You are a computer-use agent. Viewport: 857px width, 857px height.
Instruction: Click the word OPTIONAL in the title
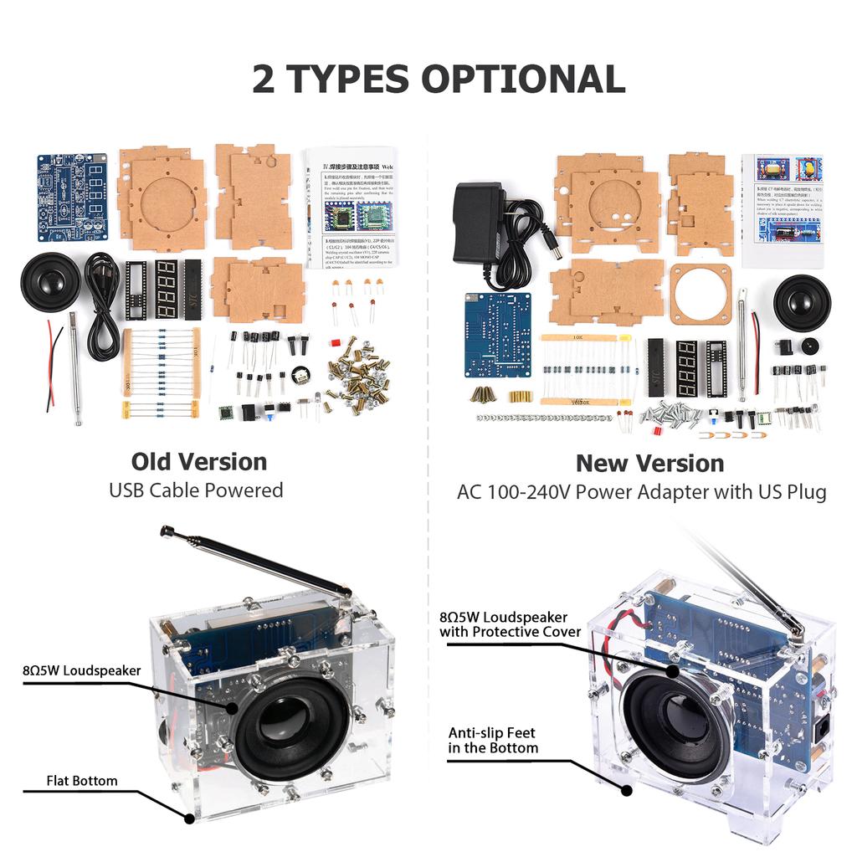(523, 79)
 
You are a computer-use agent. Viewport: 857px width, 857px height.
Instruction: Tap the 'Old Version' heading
(199, 462)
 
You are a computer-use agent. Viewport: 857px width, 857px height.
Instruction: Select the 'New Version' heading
(649, 464)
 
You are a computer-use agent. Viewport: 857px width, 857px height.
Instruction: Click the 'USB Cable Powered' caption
(196, 490)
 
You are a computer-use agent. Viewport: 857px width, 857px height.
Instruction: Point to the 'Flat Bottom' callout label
(82, 781)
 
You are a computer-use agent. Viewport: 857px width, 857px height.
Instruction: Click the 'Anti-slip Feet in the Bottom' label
(493, 739)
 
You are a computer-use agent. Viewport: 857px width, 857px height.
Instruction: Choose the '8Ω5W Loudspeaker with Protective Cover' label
(511, 624)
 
